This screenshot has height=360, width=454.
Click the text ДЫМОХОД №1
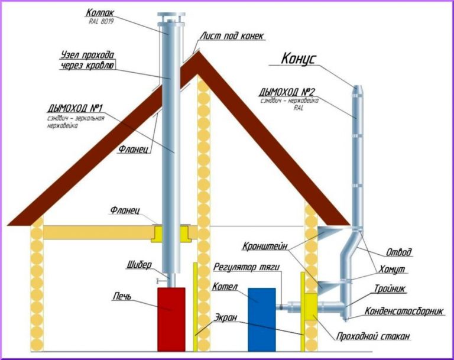point(75,108)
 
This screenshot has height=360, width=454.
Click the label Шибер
point(140,264)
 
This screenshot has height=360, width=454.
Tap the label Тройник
point(389,289)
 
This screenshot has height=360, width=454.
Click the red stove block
point(171,319)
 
